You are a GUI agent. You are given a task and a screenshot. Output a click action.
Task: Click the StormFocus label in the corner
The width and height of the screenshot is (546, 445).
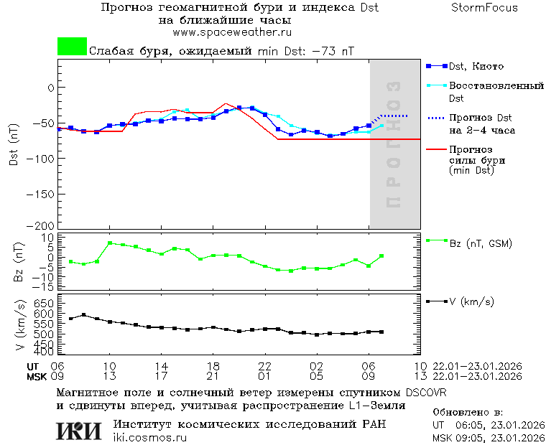pyautogui.click(x=484, y=8)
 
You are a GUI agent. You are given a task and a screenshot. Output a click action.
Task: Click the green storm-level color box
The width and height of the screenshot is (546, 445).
pyautogui.click(x=72, y=47)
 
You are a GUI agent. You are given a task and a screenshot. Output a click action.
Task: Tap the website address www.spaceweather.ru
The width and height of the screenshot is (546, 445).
pyautogui.click(x=231, y=32)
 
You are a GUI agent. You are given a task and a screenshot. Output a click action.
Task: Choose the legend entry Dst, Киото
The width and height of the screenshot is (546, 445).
pyautogui.click(x=475, y=66)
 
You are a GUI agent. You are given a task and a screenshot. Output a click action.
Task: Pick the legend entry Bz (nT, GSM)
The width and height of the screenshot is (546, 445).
pyautogui.click(x=480, y=243)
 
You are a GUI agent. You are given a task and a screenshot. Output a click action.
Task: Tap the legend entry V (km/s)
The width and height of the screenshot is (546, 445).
pyautogui.click(x=471, y=302)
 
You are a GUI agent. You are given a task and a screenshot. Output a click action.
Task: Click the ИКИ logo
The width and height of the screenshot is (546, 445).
pyautogui.click(x=79, y=431)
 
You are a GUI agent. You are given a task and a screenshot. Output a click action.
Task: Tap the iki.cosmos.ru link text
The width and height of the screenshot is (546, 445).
pyautogui.click(x=149, y=438)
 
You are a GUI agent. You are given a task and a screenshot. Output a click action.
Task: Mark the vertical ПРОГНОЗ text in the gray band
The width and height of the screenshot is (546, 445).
pyautogui.click(x=393, y=145)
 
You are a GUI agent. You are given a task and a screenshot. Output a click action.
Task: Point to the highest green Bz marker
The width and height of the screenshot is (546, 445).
pyautogui.click(x=110, y=243)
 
